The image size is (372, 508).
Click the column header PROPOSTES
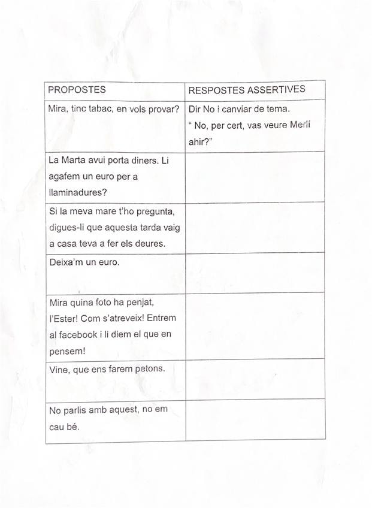[77, 90]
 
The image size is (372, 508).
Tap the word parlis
[77, 410]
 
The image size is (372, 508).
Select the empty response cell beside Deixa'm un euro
[255, 273]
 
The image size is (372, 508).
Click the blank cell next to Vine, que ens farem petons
[255, 379]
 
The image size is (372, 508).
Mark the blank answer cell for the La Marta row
[255, 177]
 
